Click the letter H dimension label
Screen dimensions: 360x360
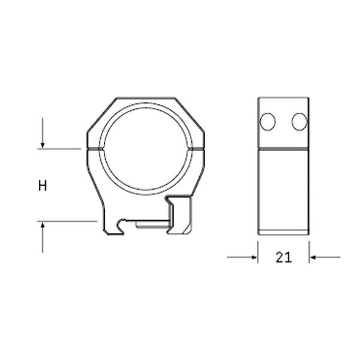point(43,185)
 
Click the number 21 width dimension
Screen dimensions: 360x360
point(283,257)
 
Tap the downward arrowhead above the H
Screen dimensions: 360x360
point(43,144)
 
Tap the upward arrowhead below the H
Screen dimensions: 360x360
point(43,226)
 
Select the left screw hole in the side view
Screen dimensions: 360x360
point(268,122)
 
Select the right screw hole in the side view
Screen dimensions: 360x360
point(299,122)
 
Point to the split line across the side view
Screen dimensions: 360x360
point(283,148)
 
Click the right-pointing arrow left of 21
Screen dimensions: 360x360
point(252,257)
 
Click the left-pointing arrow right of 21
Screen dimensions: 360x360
point(314,257)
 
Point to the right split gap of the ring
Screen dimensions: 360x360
point(202,147)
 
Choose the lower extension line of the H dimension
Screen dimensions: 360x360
point(66,221)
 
